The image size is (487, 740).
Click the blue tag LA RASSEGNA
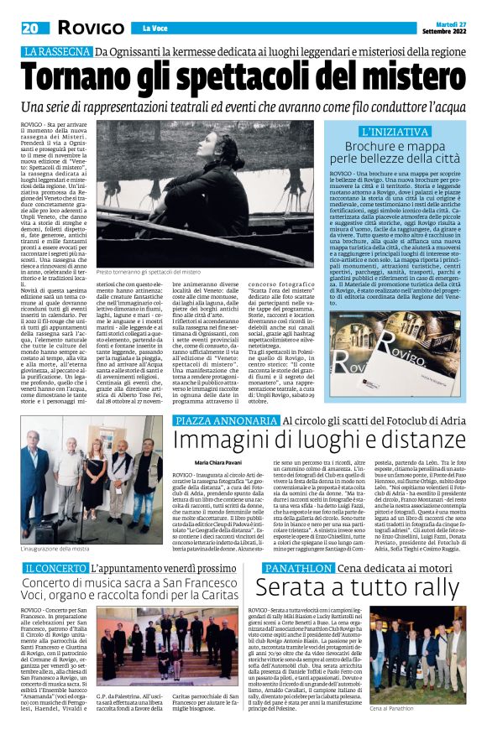[55, 52]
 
